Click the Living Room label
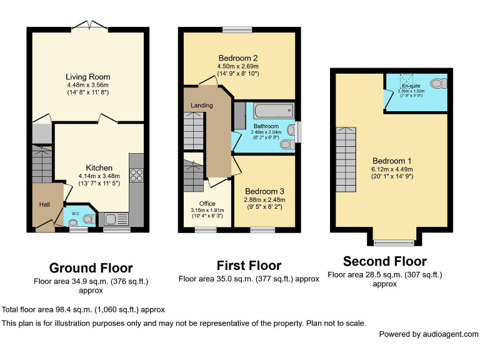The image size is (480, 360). pos(88,77)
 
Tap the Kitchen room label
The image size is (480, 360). pos(99,167)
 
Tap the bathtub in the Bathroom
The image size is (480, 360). pos(270,113)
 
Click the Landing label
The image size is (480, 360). pos(202,105)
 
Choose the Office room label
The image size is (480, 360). pos(207,204)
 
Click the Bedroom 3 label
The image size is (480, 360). pos(264,191)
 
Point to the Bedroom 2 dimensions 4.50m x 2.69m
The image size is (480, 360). pos(237,66)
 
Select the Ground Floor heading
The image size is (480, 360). pos(91,268)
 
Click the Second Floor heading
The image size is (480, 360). pos(384,261)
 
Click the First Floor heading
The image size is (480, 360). pos(249,266)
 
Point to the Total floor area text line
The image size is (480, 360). pos(82,309)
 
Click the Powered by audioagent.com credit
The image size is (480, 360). pos(428,334)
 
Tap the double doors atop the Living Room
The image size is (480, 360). pos(87,26)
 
